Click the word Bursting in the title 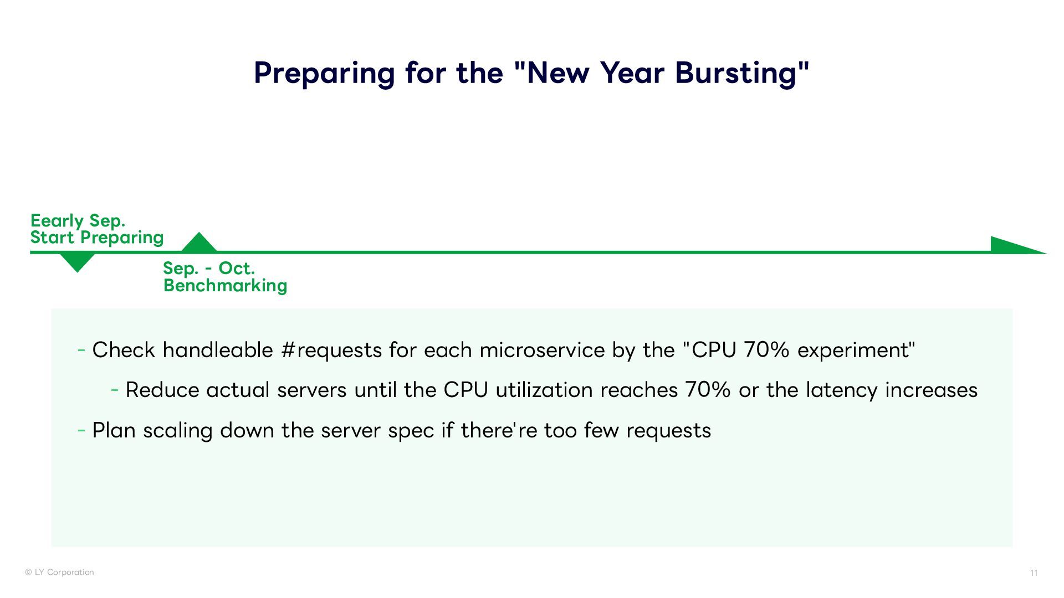click(742, 73)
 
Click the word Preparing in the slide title click(325, 73)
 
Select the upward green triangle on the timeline click(199, 242)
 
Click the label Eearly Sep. click(78, 220)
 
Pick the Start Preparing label click(97, 238)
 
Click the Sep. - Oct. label click(209, 269)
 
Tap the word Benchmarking click(225, 286)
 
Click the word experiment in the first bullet click(853, 350)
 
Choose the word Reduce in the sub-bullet click(162, 390)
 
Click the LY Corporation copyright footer click(59, 573)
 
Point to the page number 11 click(1034, 573)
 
